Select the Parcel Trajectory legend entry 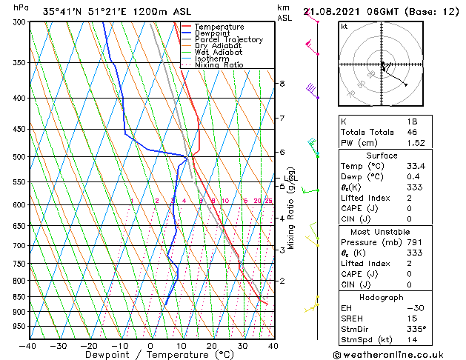click(228, 40)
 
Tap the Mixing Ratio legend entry click(219, 65)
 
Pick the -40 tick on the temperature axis click(28, 346)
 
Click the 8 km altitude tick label click(282, 84)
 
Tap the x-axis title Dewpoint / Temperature click(149, 355)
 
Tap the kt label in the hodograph click(344, 26)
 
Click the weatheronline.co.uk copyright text click(399, 354)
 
